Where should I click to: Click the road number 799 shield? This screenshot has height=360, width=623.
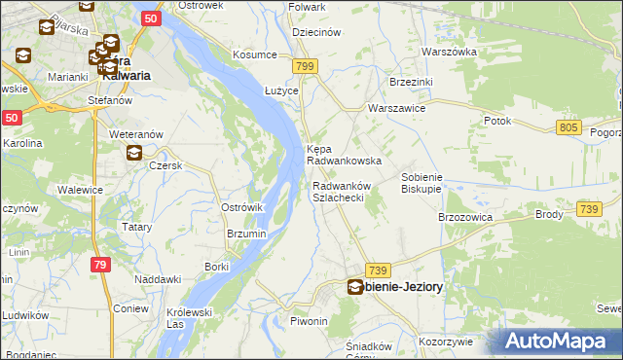306,66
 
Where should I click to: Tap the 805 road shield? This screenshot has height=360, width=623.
570,127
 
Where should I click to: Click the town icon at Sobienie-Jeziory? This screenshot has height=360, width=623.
356,287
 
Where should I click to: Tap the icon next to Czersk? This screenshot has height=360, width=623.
134,152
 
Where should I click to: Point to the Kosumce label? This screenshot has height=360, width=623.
254,54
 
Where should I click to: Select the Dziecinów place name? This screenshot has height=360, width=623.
314,31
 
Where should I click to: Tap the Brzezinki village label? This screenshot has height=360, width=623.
410,84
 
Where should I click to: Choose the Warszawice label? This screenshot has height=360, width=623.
396,109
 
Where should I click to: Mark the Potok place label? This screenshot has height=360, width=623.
497,121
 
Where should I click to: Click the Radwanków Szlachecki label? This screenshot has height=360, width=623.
338,192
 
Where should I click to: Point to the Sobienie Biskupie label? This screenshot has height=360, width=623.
422,183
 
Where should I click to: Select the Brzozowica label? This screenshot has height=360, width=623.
465,217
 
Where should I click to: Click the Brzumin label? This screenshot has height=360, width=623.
246,234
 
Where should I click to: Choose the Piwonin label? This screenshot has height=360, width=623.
308,321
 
